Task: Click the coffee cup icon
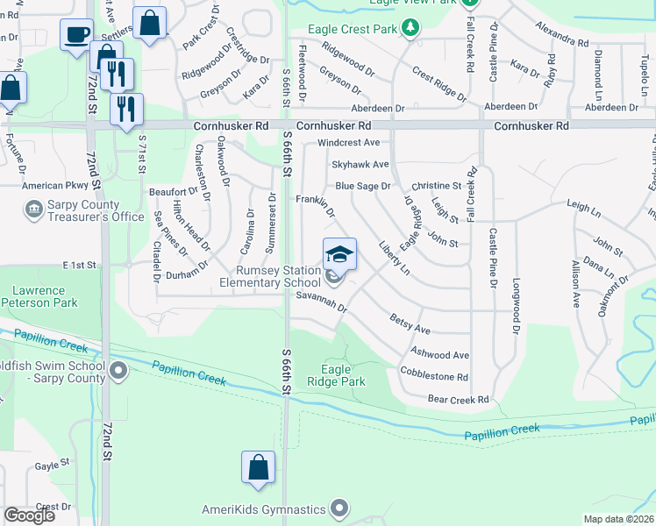pos(76,34)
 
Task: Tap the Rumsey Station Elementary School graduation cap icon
pos(339,254)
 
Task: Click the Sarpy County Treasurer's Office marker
pos(33,210)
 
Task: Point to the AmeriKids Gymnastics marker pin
pos(339,508)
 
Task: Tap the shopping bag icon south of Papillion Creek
pos(259,466)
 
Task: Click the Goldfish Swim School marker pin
pos(118,372)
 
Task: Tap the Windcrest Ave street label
pos(348,142)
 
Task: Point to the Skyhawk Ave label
pos(360,164)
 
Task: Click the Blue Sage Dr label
pos(363,186)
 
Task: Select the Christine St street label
pos(436,186)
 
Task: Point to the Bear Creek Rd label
pos(457,400)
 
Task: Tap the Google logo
pos(30,515)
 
